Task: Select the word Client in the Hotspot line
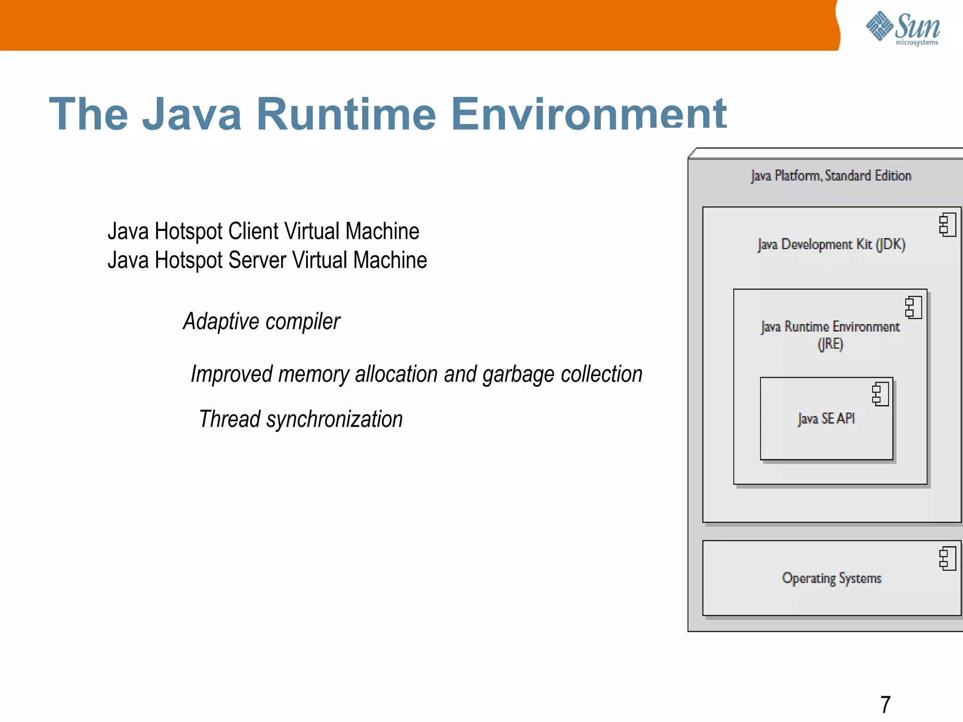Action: (x=253, y=231)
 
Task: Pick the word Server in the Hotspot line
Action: (x=257, y=260)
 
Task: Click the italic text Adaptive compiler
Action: (x=261, y=322)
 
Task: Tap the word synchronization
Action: (x=334, y=419)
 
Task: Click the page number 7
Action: (x=885, y=704)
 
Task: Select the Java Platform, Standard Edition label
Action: (x=831, y=176)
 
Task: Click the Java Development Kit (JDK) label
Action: (x=831, y=244)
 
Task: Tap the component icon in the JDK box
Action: (x=947, y=225)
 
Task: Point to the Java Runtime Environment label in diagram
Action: (x=830, y=326)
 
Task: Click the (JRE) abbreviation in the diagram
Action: (x=830, y=344)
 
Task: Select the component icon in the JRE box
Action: (x=913, y=307)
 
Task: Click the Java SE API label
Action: (x=826, y=418)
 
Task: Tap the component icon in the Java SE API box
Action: (x=880, y=394)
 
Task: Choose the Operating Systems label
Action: (x=831, y=578)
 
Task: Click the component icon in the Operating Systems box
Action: (x=947, y=558)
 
